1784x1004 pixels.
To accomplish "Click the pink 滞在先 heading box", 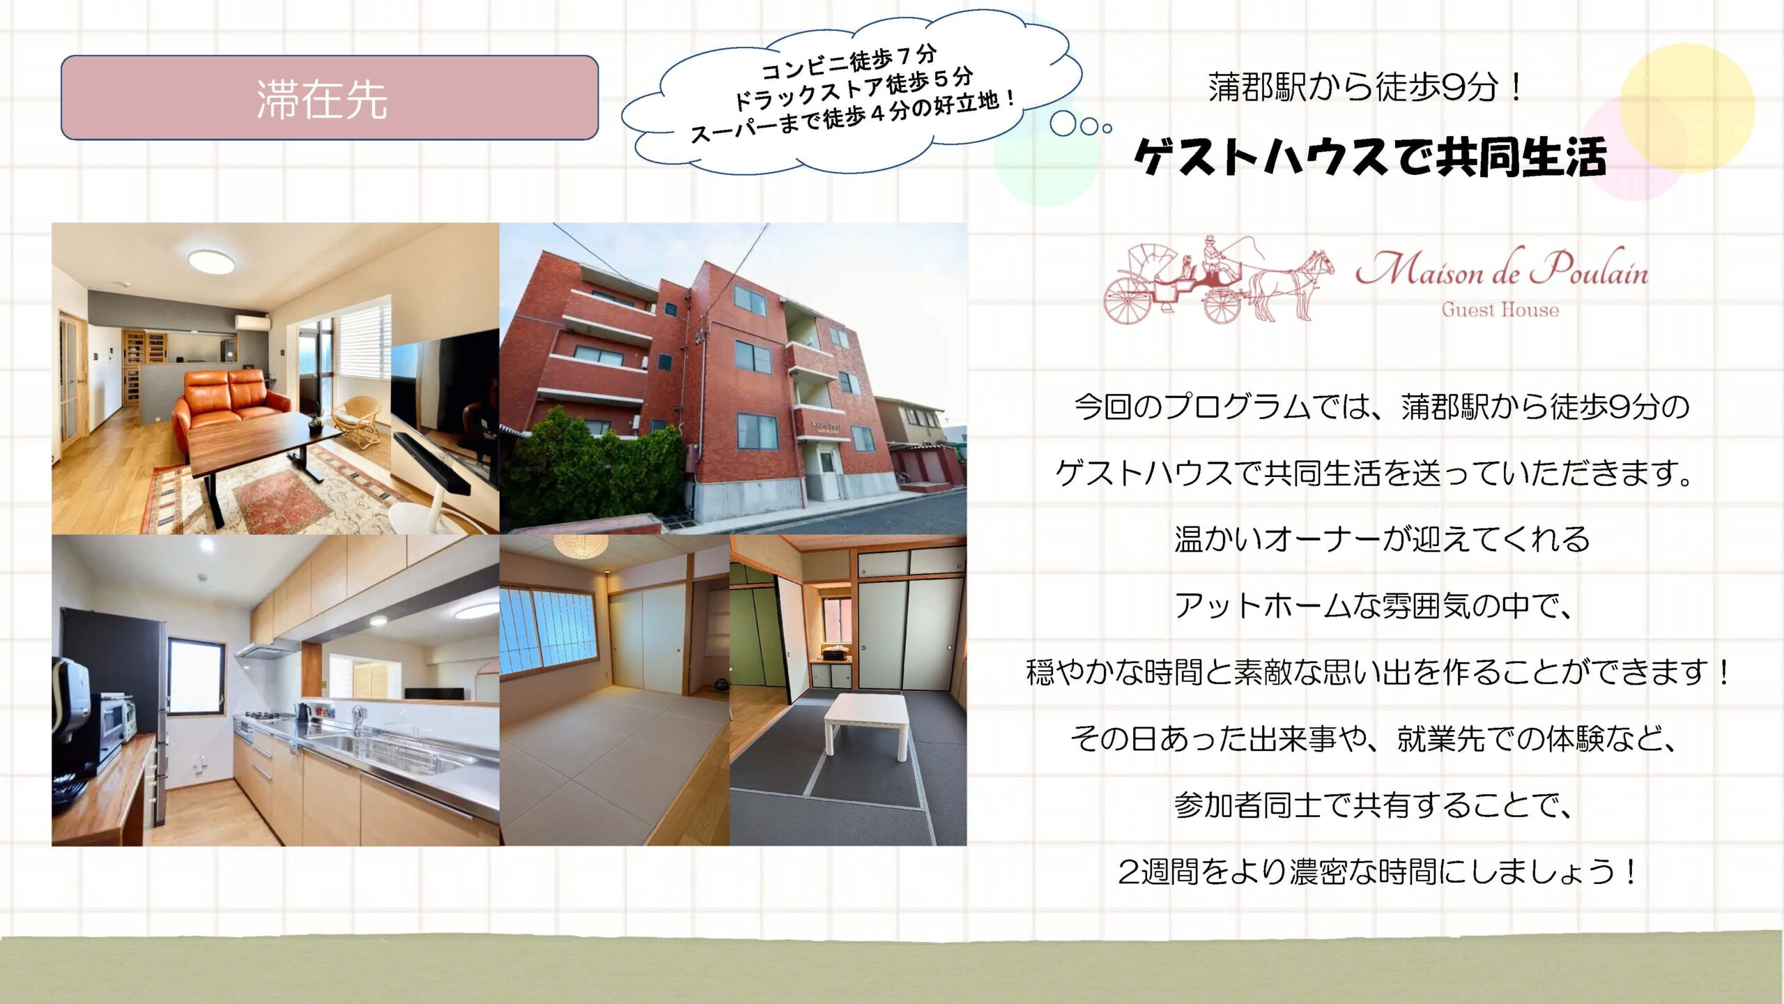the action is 330,98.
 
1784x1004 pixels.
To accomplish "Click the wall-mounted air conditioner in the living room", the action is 252,323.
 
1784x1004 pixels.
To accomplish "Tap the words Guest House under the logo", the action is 1500,310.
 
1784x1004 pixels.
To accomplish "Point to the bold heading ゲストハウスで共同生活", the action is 1370,157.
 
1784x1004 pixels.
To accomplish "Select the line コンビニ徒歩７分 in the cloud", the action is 848,63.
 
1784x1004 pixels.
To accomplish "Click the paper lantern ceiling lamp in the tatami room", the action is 580,544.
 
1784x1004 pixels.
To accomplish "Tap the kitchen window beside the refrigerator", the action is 196,676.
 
